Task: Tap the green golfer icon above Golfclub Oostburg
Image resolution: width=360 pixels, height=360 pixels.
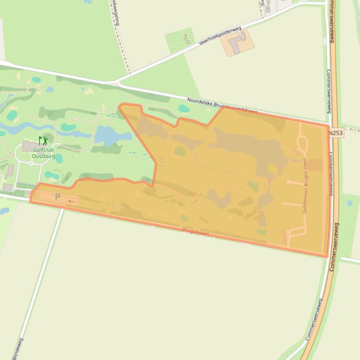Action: pos(43,140)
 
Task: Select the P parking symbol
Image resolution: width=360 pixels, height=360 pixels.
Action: pos(58,197)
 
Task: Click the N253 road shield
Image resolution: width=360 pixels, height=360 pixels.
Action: pos(335,133)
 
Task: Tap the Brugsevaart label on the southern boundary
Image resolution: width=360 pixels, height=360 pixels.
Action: pos(195,231)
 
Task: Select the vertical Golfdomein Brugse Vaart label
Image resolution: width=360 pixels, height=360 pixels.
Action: pos(305,186)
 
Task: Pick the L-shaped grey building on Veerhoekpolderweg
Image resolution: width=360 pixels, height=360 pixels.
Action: pos(238,43)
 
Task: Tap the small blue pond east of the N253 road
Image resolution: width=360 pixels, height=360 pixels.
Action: pos(350,203)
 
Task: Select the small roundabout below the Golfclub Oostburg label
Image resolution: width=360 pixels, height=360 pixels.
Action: pos(31,163)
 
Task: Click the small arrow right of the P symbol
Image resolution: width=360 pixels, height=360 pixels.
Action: pos(71,202)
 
